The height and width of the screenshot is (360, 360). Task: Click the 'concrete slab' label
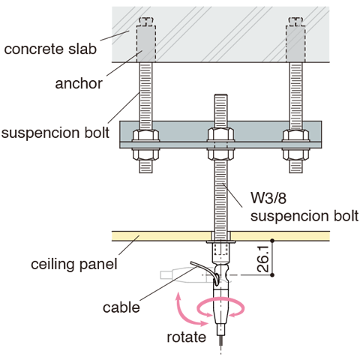pyautogui.click(x=50, y=49)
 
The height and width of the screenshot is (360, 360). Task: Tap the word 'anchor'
pyautogui.click(x=79, y=83)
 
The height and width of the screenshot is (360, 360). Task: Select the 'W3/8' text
pyautogui.click(x=268, y=198)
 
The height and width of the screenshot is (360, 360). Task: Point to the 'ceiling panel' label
pyautogui.click(x=74, y=264)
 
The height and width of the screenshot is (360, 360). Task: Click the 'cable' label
pyautogui.click(x=121, y=307)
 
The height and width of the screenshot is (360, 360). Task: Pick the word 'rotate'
pyautogui.click(x=187, y=337)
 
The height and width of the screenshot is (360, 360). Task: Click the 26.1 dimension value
pyautogui.click(x=263, y=259)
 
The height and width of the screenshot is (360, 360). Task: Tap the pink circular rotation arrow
pyautogui.click(x=220, y=298)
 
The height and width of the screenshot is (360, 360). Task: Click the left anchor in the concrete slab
pyautogui.click(x=146, y=43)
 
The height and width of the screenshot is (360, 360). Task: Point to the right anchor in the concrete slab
pyautogui.click(x=295, y=43)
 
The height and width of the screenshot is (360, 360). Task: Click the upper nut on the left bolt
pyautogui.click(x=145, y=135)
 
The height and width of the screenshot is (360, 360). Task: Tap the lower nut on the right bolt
pyautogui.click(x=295, y=154)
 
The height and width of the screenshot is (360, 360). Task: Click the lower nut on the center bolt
pyautogui.click(x=220, y=154)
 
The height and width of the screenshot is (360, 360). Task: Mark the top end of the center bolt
pyautogui.click(x=220, y=94)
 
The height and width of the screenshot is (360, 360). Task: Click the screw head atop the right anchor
pyautogui.click(x=295, y=21)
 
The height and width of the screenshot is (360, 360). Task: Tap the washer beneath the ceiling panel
pyautogui.click(x=220, y=241)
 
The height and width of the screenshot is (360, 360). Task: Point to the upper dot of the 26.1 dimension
pyautogui.click(x=272, y=241)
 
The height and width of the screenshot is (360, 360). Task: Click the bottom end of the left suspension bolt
pyautogui.click(x=145, y=172)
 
